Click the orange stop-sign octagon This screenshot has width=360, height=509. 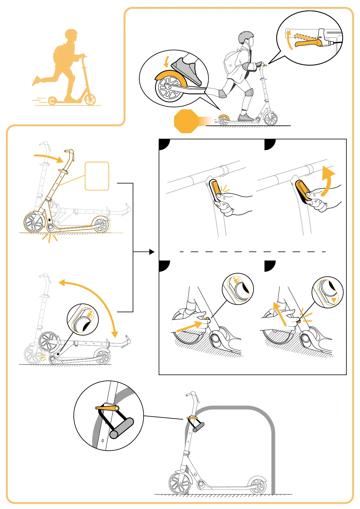coord(186,121)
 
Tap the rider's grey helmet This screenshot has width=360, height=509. coord(245,37)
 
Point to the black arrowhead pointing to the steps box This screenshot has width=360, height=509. coord(152,251)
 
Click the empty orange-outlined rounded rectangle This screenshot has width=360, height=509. coord(97,176)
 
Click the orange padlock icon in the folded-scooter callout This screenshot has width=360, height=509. coord(90,314)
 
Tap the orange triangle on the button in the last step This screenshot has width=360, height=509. coord(334,300)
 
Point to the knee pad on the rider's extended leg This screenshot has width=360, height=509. coord(222,94)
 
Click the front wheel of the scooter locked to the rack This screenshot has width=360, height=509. coord(180,483)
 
